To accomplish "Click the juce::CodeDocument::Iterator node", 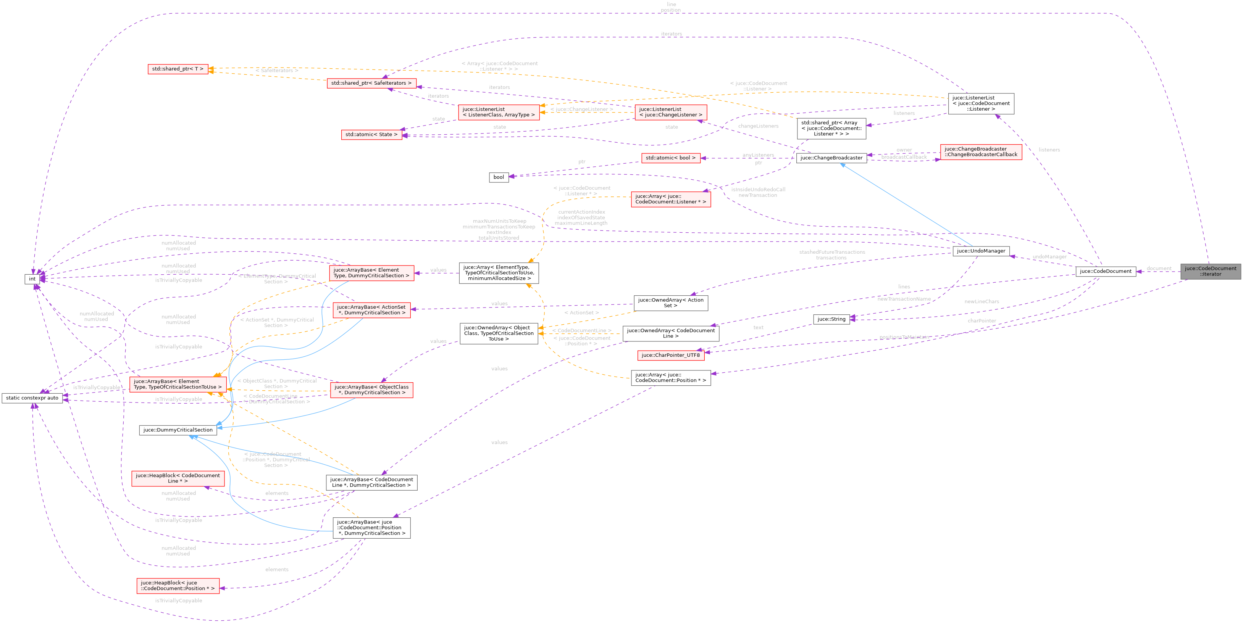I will (x=1210, y=271).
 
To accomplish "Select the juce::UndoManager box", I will (x=981, y=251).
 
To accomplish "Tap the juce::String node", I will (x=831, y=319).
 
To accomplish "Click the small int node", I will (x=32, y=279).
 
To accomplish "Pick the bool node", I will (x=499, y=177).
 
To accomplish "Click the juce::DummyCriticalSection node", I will (x=178, y=430).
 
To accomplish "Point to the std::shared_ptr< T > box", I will (x=178, y=69).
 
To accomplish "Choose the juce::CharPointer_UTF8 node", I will (x=670, y=355).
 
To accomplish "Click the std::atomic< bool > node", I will (x=670, y=158).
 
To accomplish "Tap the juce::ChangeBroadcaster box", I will (x=831, y=158).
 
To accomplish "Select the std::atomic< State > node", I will (x=371, y=135).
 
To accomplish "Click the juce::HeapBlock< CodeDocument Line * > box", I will (x=178, y=478).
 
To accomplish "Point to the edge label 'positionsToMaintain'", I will (x=904, y=337).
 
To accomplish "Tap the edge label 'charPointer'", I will (x=981, y=321).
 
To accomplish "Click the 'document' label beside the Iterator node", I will (x=1159, y=268).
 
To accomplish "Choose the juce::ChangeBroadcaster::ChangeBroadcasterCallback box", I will (x=980, y=152).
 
